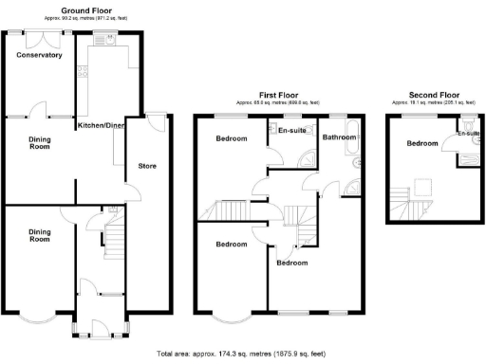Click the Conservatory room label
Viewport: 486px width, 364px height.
pyautogui.click(x=39, y=55)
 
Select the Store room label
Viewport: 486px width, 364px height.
pyautogui.click(x=147, y=167)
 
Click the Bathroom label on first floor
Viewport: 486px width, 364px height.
pyautogui.click(x=339, y=137)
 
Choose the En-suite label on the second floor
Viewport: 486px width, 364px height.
pyautogui.click(x=467, y=134)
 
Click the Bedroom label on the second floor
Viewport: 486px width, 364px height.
pyautogui.click(x=422, y=144)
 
